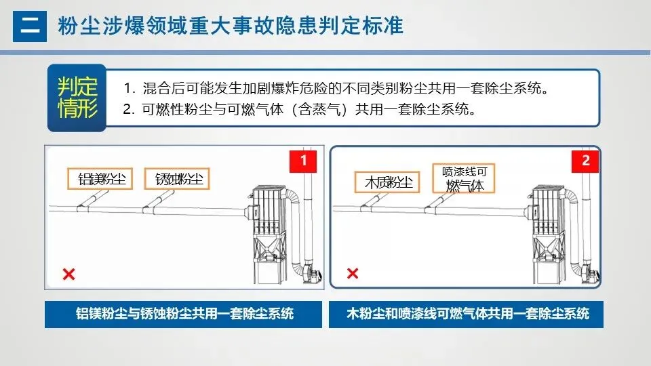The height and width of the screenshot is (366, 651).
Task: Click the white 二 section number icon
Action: tap(30, 26)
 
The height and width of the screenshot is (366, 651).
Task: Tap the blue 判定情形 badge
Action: tap(77, 98)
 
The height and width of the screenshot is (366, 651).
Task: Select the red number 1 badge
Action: tap(303, 161)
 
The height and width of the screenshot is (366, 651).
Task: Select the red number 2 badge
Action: tap(585, 161)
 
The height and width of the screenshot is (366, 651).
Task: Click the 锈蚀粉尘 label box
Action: tap(178, 180)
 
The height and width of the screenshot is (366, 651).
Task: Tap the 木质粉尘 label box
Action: tap(387, 182)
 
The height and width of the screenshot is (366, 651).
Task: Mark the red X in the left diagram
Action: tap(68, 274)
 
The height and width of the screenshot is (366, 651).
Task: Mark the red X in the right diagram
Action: tap(353, 274)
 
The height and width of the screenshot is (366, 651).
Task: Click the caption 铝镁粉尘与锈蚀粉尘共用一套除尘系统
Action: tap(184, 314)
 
